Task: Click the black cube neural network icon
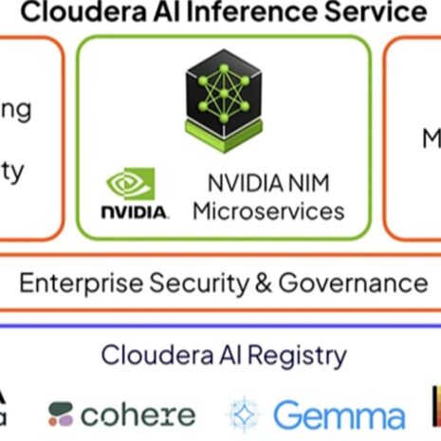pyautogui.click(x=224, y=98)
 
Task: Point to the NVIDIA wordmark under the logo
pyautogui.click(x=135, y=211)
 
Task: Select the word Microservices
pyautogui.click(x=268, y=211)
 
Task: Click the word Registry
pyautogui.click(x=295, y=356)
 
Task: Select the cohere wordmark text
pyautogui.click(x=138, y=414)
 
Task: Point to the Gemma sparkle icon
pyautogui.click(x=244, y=415)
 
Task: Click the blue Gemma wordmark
pyautogui.click(x=340, y=415)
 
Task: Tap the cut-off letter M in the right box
pyautogui.click(x=432, y=139)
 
